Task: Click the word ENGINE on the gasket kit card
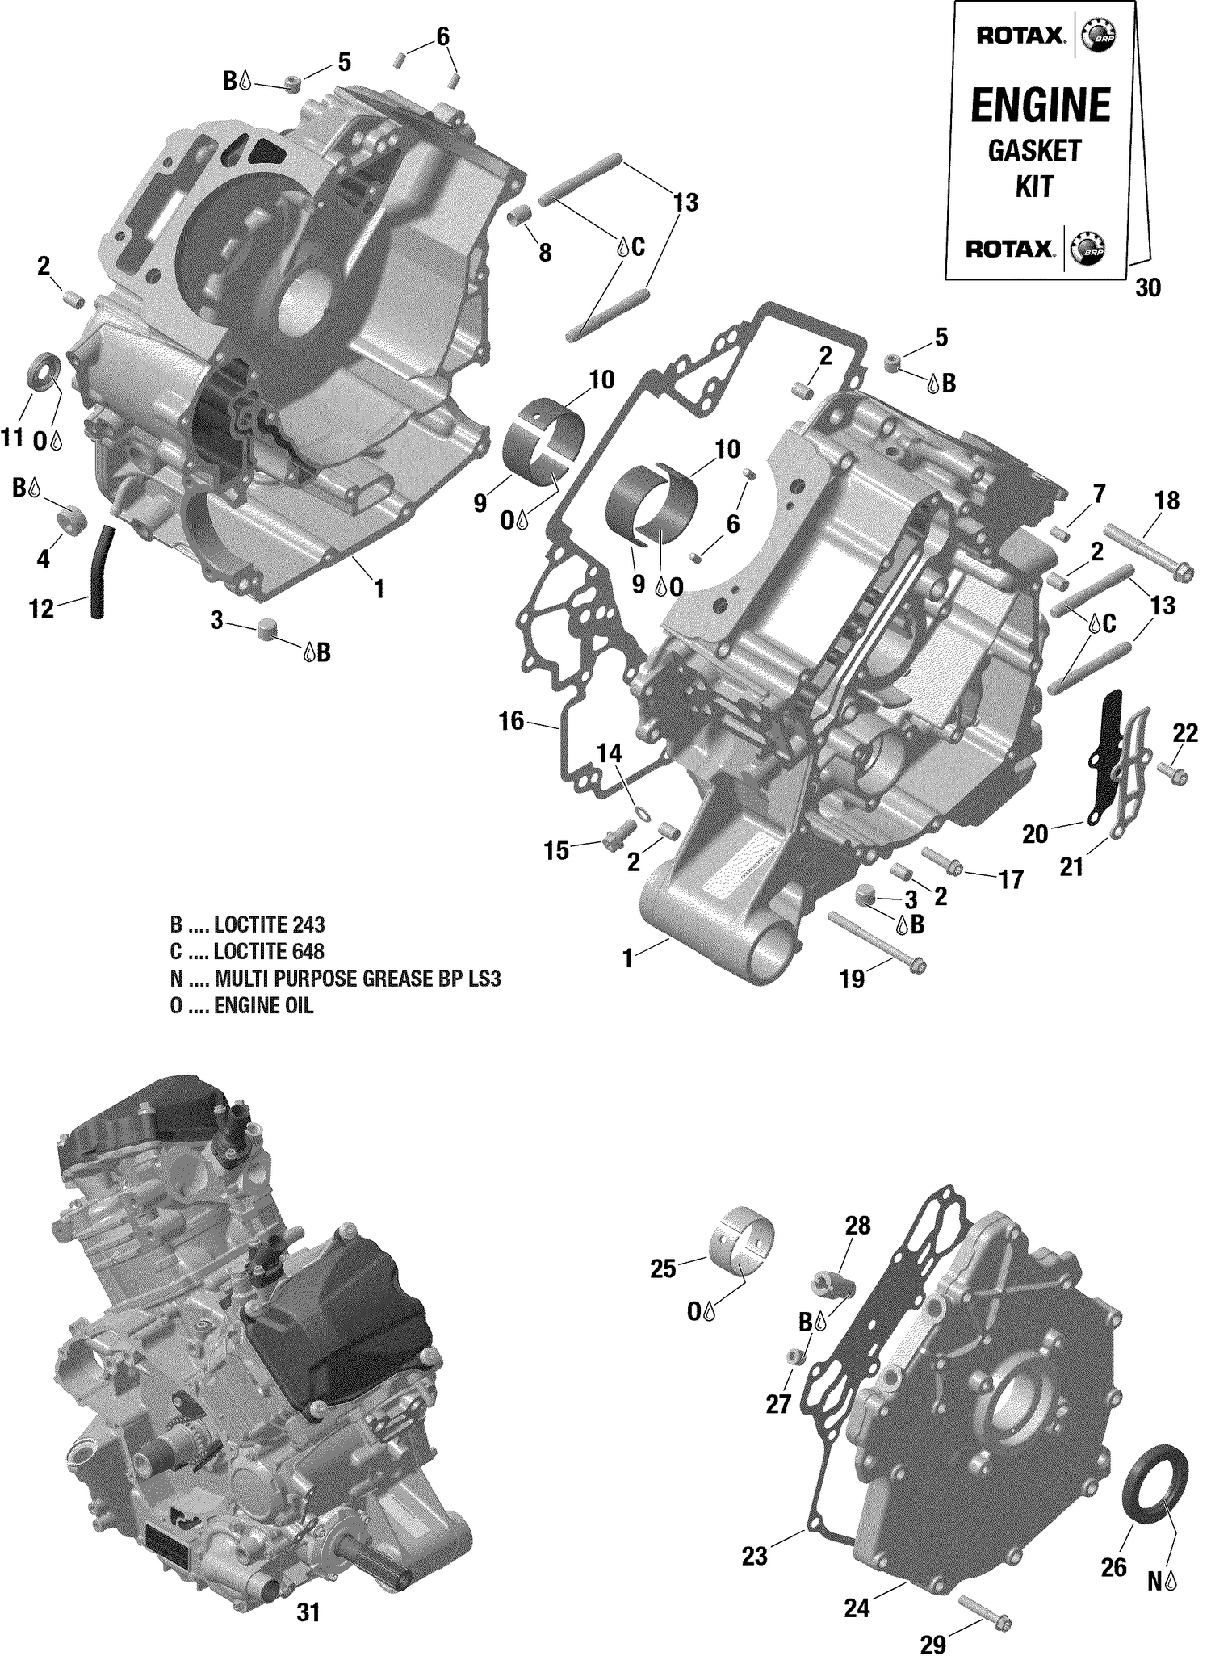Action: click(1040, 105)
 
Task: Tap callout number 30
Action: click(1147, 287)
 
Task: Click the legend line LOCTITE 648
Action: click(247, 951)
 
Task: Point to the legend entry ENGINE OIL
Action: click(241, 1006)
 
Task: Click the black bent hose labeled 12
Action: click(102, 569)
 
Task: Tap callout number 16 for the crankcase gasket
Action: click(511, 721)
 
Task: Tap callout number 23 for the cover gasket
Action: click(755, 1557)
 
